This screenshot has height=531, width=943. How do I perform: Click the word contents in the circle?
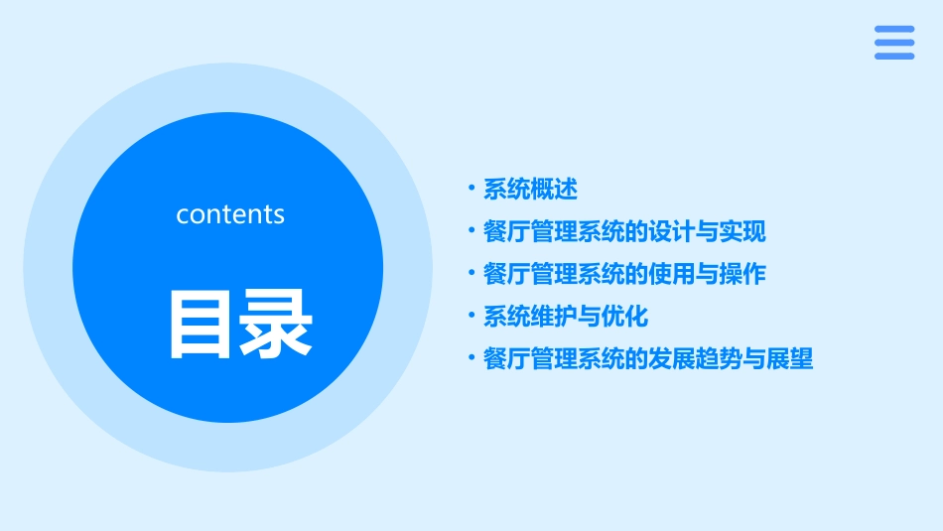(x=230, y=214)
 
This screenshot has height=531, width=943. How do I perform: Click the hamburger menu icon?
(x=894, y=43)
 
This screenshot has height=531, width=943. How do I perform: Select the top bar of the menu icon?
(x=894, y=30)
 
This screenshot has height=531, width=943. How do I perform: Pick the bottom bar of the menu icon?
(x=894, y=57)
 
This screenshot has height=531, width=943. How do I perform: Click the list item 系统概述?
(x=530, y=189)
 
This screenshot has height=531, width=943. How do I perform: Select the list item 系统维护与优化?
(x=565, y=317)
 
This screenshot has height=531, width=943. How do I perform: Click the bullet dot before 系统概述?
(x=471, y=188)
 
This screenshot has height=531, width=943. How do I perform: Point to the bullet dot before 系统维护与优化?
(x=471, y=316)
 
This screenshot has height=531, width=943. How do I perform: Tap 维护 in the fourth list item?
(x=553, y=317)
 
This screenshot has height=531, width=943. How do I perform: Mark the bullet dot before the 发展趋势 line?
(x=471, y=358)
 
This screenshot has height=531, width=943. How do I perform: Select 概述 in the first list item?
(x=553, y=189)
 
